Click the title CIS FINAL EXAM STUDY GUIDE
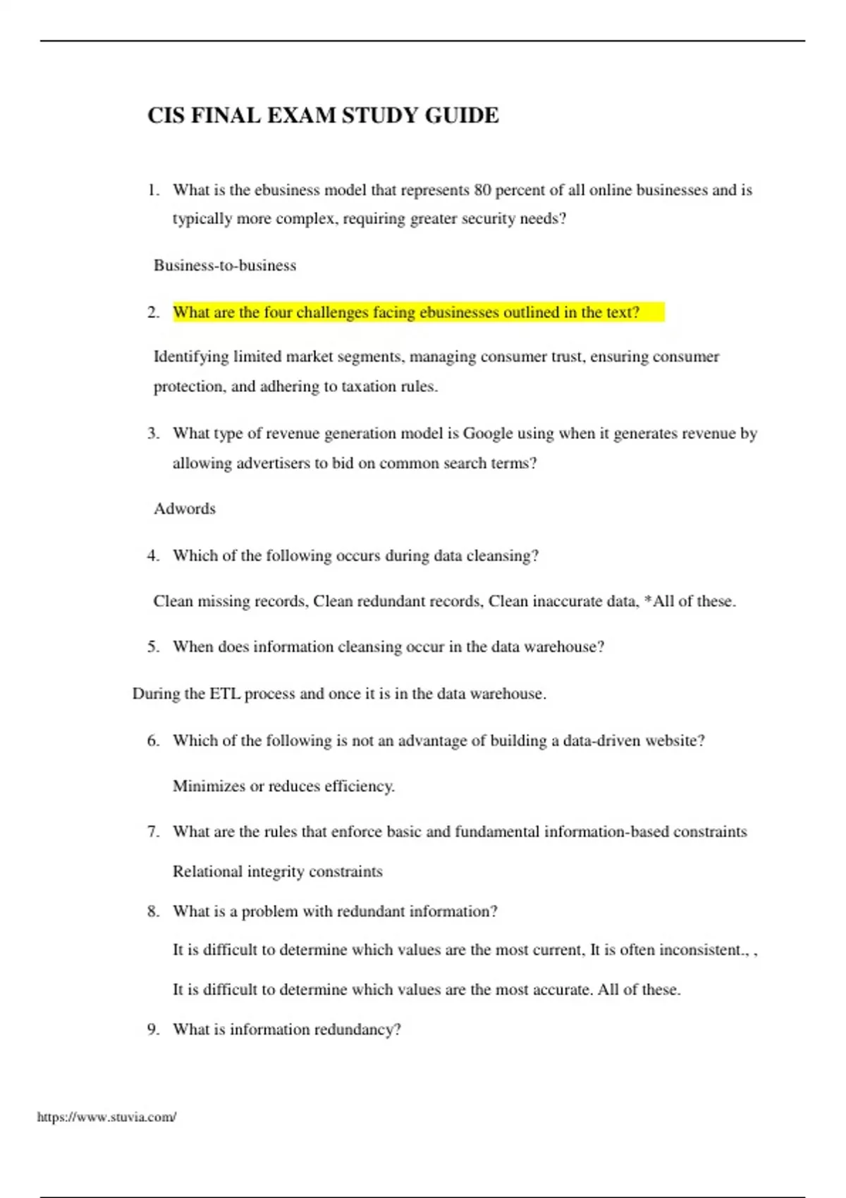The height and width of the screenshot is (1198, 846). (323, 115)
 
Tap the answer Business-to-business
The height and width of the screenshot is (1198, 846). (225, 266)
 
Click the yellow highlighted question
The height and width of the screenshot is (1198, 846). (406, 312)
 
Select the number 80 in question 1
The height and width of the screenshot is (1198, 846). (482, 190)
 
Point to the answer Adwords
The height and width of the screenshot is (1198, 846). (185, 509)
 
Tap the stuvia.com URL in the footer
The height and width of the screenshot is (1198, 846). (106, 1117)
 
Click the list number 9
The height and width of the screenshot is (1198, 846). (153, 1030)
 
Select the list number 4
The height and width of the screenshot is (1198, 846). (153, 556)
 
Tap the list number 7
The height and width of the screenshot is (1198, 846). (153, 832)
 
